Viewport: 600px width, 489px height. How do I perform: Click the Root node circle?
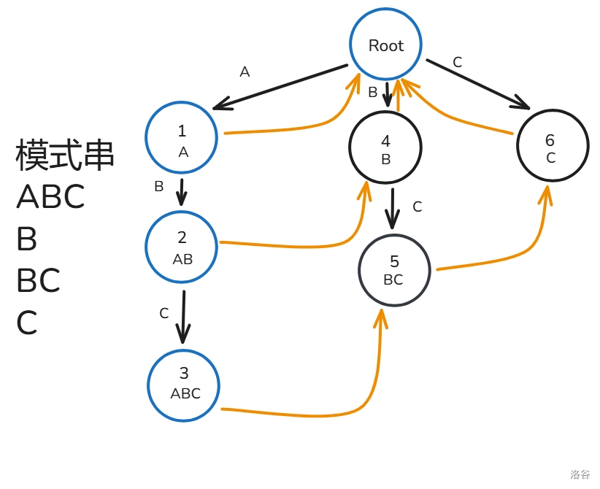pos(385,45)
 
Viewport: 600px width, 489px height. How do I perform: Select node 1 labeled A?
pos(182,138)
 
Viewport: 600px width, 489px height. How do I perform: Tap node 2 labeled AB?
pos(182,246)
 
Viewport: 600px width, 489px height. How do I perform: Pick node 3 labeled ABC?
pos(184,384)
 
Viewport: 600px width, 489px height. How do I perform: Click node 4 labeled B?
pos(385,149)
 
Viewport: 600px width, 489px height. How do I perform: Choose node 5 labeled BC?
pos(393,270)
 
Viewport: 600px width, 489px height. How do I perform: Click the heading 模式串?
pos(65,155)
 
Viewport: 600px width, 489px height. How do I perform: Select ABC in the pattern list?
pos(50,196)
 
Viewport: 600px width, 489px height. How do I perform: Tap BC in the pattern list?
pos(38,281)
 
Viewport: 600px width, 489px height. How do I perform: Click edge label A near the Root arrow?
pos(245,72)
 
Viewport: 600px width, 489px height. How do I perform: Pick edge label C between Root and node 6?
pos(458,63)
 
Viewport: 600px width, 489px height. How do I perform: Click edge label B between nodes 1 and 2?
pos(159,186)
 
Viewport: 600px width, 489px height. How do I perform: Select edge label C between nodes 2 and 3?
pos(164,314)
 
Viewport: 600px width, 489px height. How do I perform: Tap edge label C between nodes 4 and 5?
pos(418,207)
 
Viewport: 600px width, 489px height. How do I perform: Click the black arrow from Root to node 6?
pos(478,83)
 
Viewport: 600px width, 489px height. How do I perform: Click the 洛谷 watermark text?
pos(580,474)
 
